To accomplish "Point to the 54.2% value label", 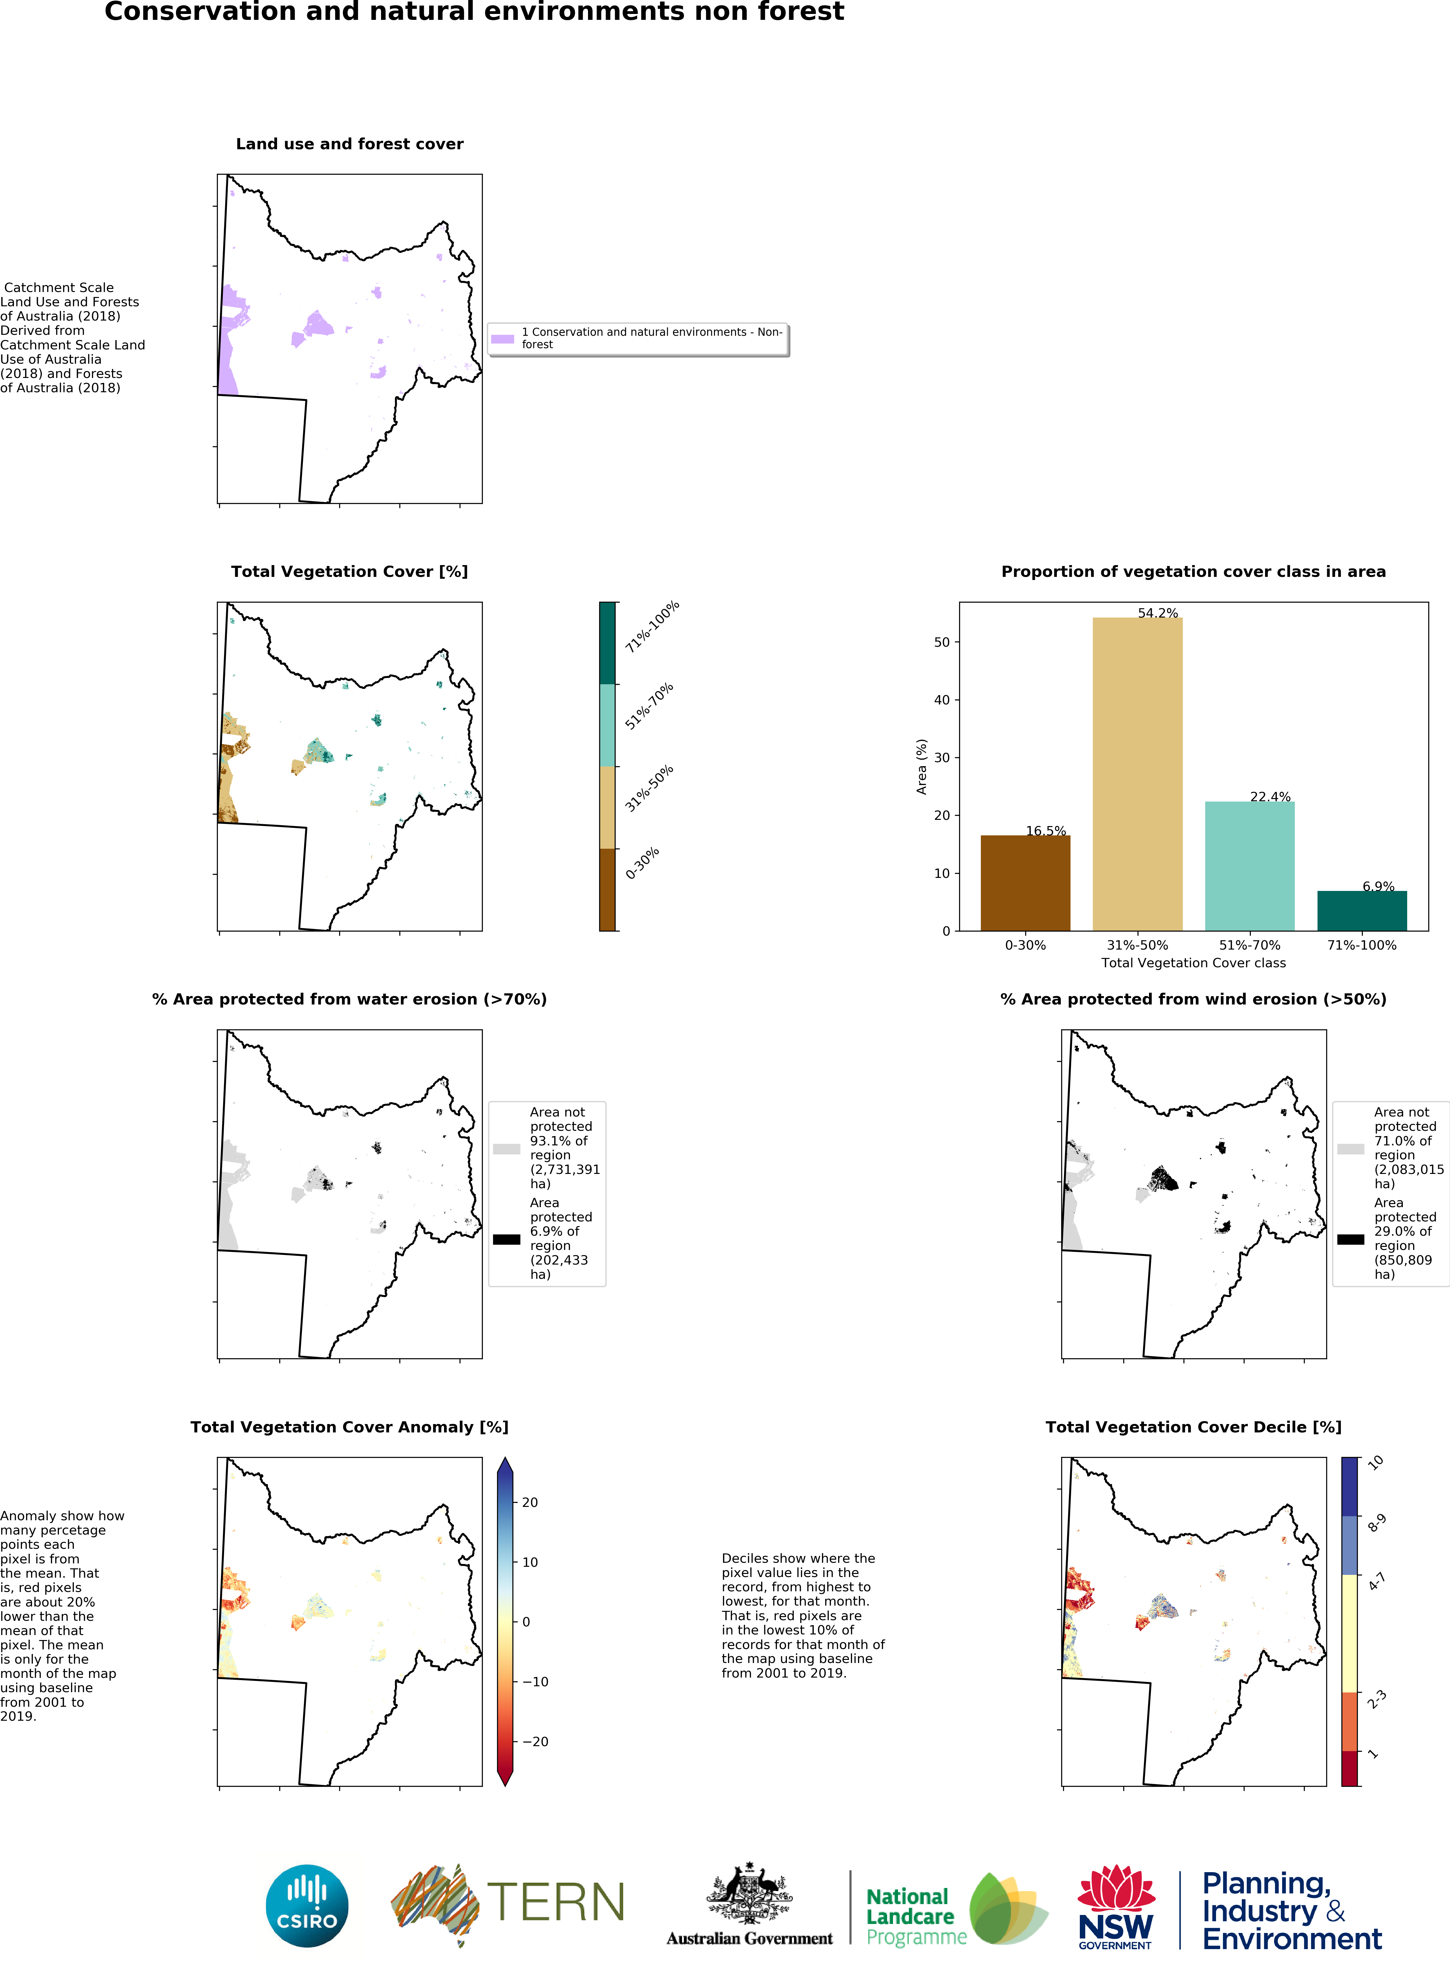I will tap(1158, 613).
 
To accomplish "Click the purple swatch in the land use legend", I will tap(502, 339).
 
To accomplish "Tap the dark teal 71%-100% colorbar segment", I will tap(607, 643).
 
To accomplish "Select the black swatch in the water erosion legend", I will tap(506, 1239).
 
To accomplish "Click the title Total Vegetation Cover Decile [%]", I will tap(1193, 1427).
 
